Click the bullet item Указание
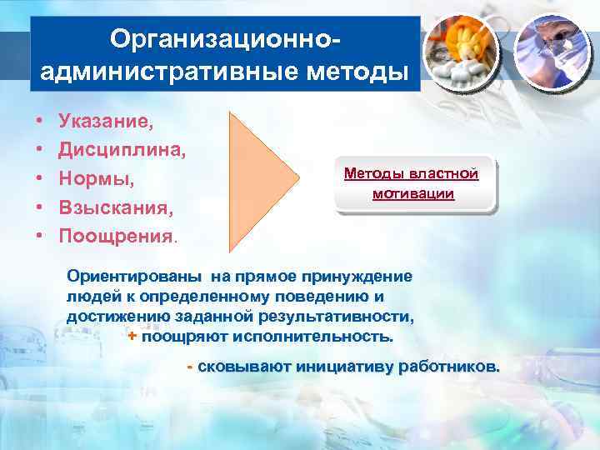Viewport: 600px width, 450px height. (106, 122)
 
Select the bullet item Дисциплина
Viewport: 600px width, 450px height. (122, 150)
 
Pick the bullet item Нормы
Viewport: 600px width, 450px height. (97, 178)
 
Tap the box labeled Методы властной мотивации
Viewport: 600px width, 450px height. (413, 183)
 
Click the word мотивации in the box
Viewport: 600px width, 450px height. (413, 194)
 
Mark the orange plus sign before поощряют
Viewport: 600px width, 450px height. (132, 337)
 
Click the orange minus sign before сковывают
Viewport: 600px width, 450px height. (191, 367)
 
